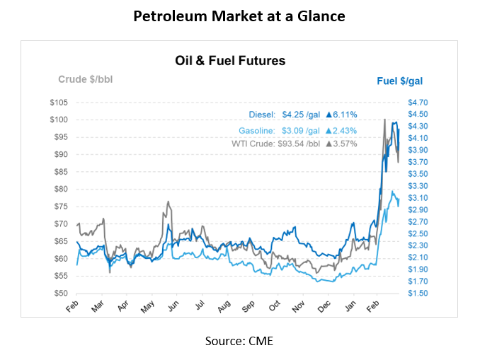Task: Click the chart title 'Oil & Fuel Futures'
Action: click(x=230, y=61)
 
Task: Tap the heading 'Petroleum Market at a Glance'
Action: click(x=239, y=16)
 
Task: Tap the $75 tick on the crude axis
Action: click(x=59, y=206)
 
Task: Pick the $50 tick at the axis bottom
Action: click(x=59, y=293)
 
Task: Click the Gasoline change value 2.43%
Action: click(x=341, y=131)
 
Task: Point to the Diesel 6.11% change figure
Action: click(x=341, y=114)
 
